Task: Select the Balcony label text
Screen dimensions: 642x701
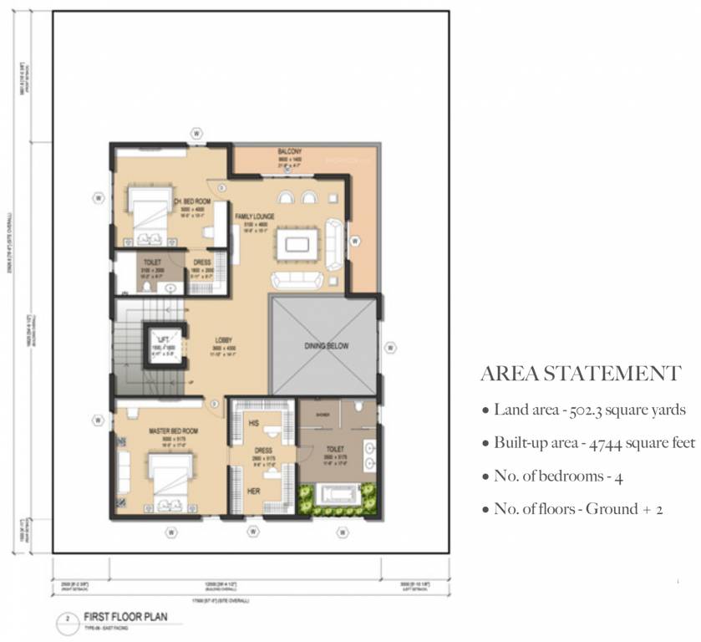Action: point(290,152)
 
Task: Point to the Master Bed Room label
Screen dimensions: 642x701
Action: point(173,431)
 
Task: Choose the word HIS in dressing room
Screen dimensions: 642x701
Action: point(254,424)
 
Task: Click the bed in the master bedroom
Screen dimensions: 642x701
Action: point(170,480)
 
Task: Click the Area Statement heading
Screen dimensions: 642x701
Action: point(581,374)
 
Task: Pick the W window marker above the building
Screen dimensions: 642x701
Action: point(196,132)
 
